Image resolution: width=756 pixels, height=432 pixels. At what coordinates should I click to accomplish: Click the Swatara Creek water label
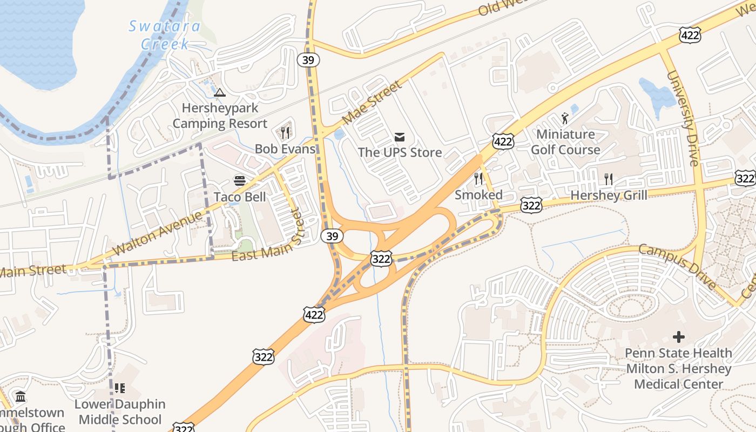click(164, 35)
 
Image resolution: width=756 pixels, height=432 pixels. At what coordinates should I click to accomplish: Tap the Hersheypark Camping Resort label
click(220, 116)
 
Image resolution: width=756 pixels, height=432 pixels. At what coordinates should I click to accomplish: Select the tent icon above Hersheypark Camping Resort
click(219, 93)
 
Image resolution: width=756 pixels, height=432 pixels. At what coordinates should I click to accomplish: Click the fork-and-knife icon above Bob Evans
click(285, 132)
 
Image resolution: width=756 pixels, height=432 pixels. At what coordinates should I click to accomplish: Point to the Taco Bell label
click(240, 197)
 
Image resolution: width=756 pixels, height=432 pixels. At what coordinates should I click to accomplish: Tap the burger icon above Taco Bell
click(239, 180)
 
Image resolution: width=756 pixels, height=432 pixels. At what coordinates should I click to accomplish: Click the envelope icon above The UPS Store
click(400, 137)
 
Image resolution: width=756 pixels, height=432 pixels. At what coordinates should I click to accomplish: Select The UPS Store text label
click(400, 153)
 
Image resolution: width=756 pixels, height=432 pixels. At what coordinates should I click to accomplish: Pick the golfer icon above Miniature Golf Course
click(565, 118)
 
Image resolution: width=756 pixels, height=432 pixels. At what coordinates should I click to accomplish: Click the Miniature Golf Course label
click(565, 142)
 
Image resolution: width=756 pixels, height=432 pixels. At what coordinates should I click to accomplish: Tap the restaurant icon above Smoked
click(478, 179)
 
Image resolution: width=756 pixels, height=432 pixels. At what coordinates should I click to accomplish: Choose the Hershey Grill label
click(609, 195)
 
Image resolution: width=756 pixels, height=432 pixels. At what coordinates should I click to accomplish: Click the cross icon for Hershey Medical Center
click(679, 337)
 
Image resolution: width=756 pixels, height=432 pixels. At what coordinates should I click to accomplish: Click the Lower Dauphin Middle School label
click(120, 412)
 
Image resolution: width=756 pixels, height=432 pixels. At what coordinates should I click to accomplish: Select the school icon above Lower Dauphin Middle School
click(120, 388)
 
